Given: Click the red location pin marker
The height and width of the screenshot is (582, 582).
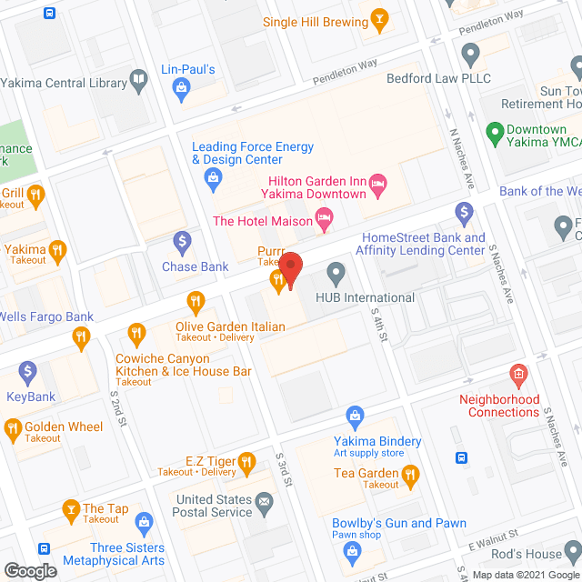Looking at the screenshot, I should click(290, 269).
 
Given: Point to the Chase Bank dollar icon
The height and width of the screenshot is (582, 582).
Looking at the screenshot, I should click(182, 242).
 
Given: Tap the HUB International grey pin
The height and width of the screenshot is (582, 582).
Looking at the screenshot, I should click(336, 273).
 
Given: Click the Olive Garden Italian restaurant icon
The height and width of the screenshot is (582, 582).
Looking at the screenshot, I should click(195, 301).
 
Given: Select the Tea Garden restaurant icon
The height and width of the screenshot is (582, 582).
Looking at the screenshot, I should click(411, 474).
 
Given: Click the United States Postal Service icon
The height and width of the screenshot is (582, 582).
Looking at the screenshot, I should click(264, 500).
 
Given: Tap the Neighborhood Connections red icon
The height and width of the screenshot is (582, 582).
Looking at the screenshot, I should click(517, 375).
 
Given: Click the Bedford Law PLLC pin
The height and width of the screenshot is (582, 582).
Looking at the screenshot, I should click(470, 55).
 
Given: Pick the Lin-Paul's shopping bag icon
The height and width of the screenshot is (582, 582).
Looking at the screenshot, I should click(182, 87).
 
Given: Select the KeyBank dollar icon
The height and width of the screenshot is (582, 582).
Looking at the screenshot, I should click(27, 372).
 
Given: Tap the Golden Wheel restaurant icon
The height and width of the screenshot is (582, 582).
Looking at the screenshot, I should click(13, 427).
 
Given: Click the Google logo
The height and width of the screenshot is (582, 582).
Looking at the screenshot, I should click(29, 570).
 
